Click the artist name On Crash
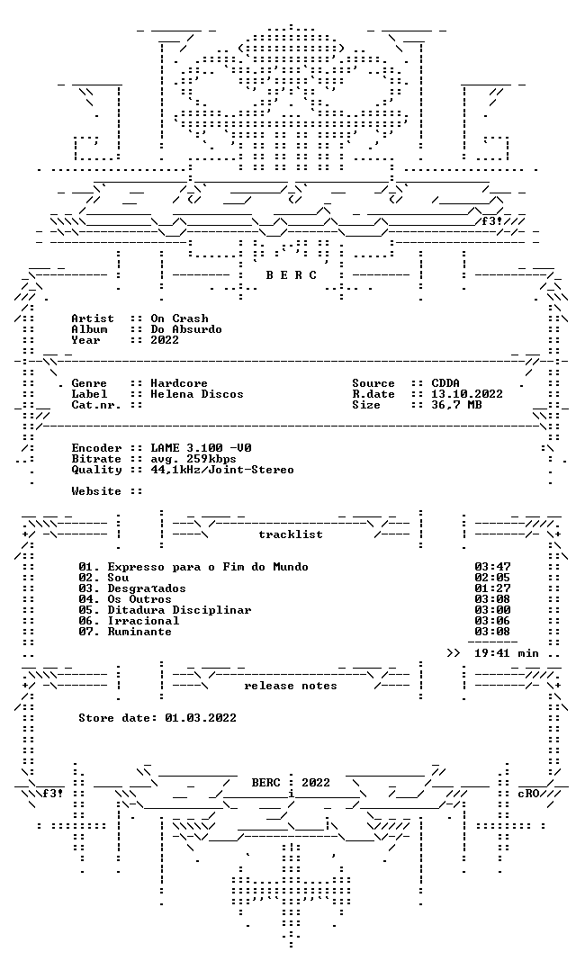pos(179,319)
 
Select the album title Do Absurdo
pos(186,329)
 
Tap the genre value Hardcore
pos(179,383)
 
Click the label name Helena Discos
pos(197,394)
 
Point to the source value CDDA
pos(445,383)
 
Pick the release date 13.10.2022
pos(467,394)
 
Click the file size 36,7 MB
pos(456,405)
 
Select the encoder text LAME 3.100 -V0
pos(201,448)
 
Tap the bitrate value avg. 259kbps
pos(193,459)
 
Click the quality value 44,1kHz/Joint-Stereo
pos(222,470)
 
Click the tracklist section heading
pos(291,534)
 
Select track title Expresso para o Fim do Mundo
pos(208,567)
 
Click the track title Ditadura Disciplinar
pos(179,610)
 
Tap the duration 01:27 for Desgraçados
pos(492,589)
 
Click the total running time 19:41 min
pos(507,653)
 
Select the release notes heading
pos(291,686)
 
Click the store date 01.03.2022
pos(201,718)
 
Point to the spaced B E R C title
pos(291,275)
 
